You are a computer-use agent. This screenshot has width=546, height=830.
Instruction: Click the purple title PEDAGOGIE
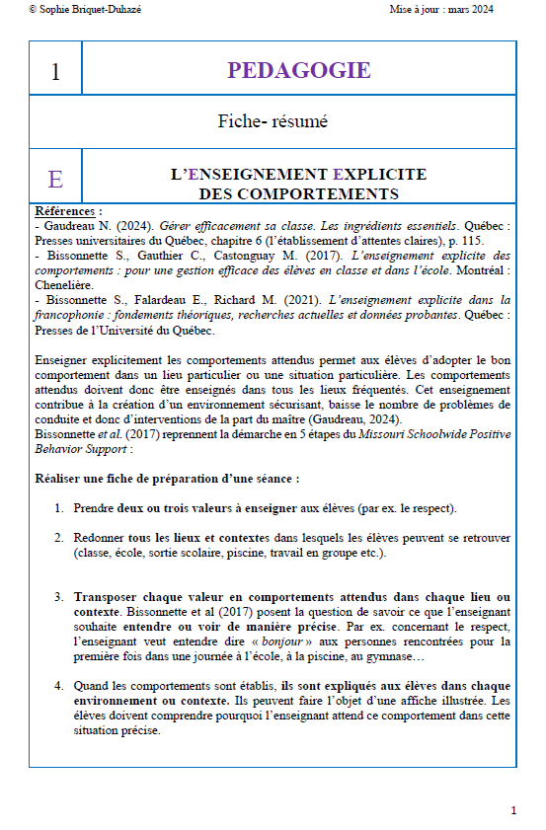click(298, 70)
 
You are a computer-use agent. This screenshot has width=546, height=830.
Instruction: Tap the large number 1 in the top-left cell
click(55, 71)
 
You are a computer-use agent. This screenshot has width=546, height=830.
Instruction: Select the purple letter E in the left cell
click(55, 179)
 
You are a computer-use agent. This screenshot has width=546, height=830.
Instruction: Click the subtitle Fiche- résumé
click(273, 122)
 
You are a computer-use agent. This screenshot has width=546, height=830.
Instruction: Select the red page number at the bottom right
click(513, 810)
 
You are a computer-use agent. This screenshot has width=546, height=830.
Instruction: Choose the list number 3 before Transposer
click(58, 597)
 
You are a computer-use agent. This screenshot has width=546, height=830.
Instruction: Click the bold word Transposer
click(108, 597)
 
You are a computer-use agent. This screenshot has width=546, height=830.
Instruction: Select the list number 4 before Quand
click(58, 685)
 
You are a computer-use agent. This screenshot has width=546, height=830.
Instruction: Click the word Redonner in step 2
click(102, 538)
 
